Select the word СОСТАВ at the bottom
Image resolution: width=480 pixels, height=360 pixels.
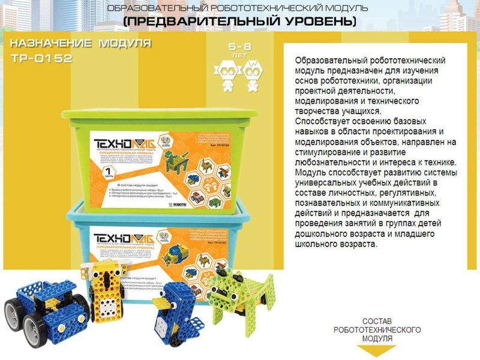pos(377,322)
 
